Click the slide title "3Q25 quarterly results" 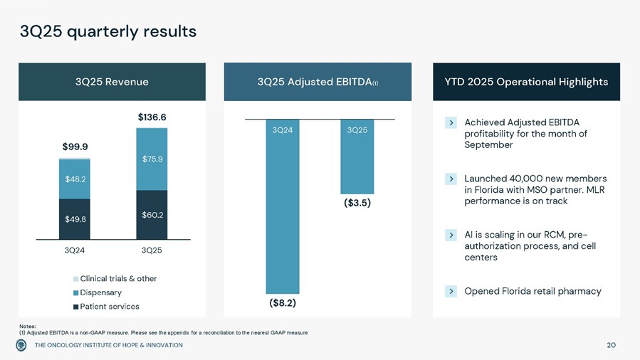coord(107,31)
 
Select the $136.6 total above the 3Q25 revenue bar coord(151,116)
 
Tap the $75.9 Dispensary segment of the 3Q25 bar coord(152,159)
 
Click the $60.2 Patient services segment coord(152,214)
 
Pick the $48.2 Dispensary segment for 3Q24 coord(75,179)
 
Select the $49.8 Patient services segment coord(75,219)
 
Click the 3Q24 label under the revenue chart coord(75,250)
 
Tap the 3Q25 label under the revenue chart coord(152,250)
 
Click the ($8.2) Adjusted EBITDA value coord(282,302)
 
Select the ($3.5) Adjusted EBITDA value coord(357,203)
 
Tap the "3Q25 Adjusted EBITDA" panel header coord(318,82)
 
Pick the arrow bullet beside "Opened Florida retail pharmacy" coord(451,291)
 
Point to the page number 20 coord(611,345)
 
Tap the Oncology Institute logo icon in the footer coord(22,345)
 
